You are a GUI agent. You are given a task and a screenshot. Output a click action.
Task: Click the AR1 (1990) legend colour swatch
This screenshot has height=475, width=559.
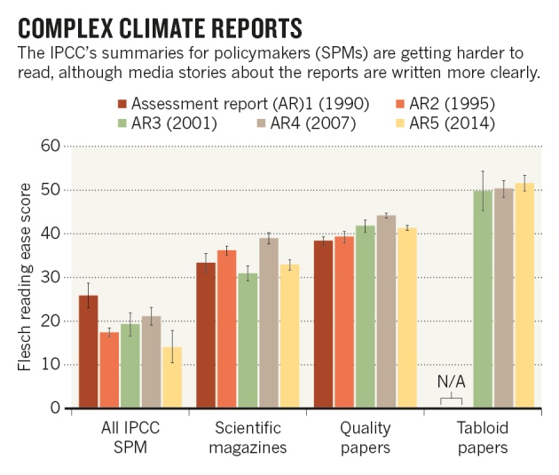pos(124,102)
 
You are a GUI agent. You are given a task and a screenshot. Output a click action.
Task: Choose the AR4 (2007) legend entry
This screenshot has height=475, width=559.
pos(314,123)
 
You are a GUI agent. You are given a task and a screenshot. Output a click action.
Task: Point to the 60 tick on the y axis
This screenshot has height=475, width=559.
pos(50,146)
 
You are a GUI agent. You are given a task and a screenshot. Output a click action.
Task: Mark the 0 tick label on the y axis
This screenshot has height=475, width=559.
pos(54,408)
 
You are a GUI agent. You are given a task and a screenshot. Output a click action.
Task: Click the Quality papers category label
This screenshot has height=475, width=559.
pos(366,437)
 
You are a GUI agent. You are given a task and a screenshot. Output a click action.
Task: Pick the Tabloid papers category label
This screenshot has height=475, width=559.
pos(483,437)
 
